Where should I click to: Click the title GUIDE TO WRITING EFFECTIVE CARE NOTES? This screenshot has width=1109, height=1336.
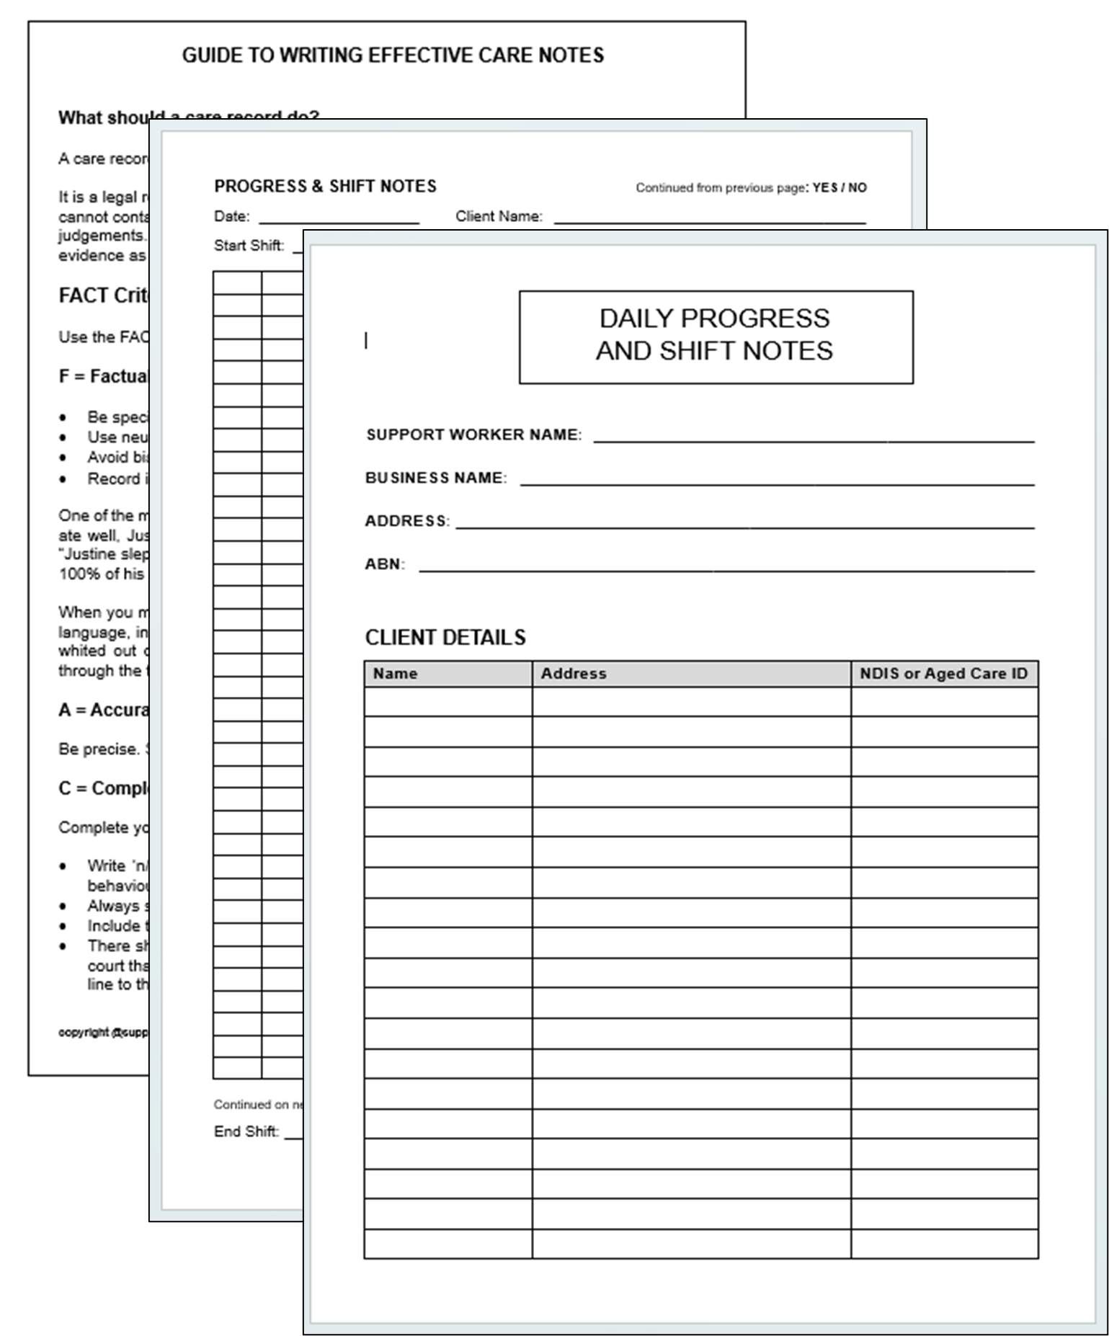click(393, 55)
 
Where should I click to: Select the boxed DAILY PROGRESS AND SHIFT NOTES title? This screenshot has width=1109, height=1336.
click(715, 336)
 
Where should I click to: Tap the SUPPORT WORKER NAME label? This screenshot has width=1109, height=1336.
click(473, 435)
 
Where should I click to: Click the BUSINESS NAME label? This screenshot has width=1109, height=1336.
click(436, 478)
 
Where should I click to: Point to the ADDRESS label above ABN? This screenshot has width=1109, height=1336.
click(407, 521)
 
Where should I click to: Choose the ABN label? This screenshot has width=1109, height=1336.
click(385, 564)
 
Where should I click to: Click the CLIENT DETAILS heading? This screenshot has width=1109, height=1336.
click(445, 638)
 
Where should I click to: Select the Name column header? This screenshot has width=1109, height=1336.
click(395, 674)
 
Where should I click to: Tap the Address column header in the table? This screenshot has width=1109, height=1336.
click(574, 674)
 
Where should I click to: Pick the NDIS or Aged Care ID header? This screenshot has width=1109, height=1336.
click(943, 674)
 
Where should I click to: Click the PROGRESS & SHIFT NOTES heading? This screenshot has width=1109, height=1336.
click(325, 187)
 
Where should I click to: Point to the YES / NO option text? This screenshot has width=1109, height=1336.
click(839, 188)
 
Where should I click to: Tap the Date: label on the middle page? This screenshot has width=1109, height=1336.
click(231, 216)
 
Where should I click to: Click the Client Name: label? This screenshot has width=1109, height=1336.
click(499, 216)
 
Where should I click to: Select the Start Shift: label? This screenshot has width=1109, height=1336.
click(249, 246)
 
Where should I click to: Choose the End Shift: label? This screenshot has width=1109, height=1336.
click(246, 1131)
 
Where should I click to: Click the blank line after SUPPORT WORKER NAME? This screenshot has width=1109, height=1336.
click(814, 440)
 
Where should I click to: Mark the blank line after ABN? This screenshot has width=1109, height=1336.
click(726, 570)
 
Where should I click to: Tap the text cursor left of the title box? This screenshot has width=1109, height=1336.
click(366, 341)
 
